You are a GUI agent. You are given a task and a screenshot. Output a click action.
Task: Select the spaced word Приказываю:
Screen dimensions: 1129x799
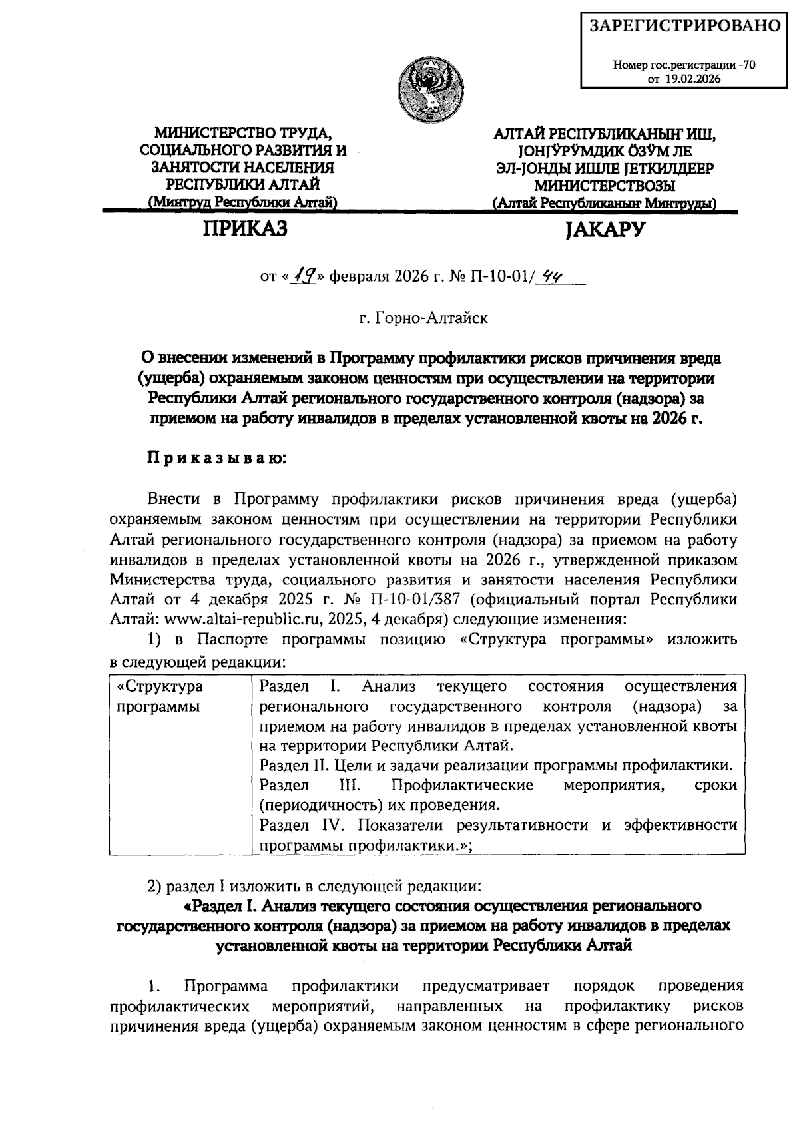pyautogui.click(x=216, y=459)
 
